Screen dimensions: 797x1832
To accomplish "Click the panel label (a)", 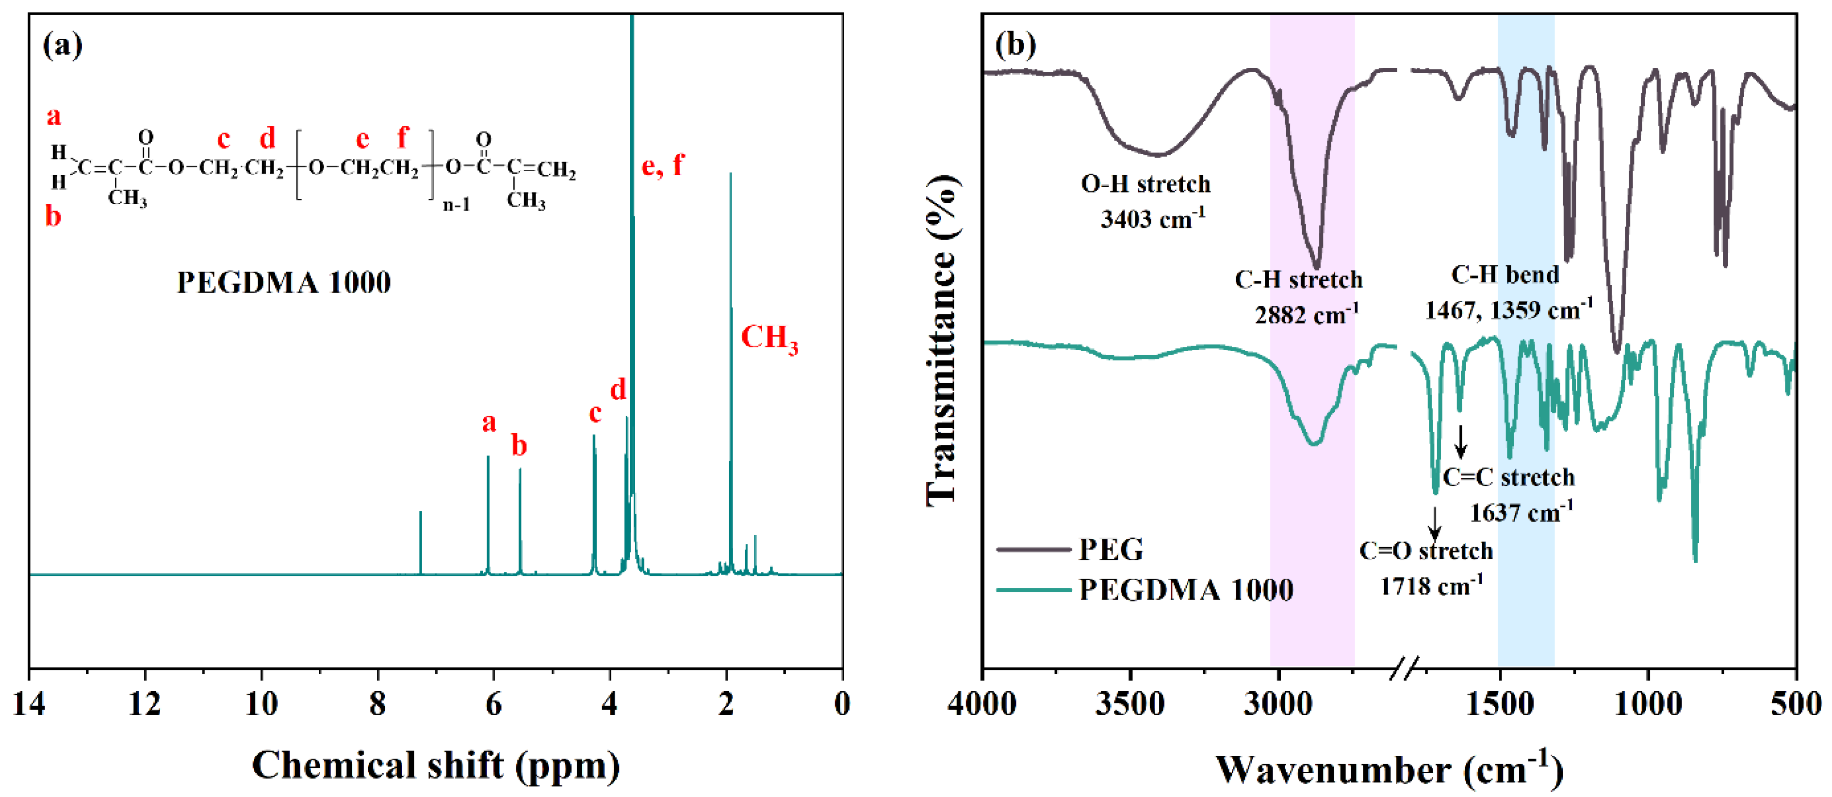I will click(63, 46).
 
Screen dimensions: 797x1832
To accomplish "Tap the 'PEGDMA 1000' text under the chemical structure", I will click(284, 283).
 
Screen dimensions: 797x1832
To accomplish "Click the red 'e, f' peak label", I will click(662, 165).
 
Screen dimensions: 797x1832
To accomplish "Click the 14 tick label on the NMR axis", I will click(29, 703).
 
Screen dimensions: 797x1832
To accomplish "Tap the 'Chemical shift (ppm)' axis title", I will click(435, 766).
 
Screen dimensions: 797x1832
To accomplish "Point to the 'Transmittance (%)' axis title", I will click(942, 342).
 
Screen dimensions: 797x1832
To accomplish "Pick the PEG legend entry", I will click(1111, 550).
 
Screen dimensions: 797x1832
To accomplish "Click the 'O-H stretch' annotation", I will click(1145, 184).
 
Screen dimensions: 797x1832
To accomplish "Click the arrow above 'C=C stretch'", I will click(1461, 441).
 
